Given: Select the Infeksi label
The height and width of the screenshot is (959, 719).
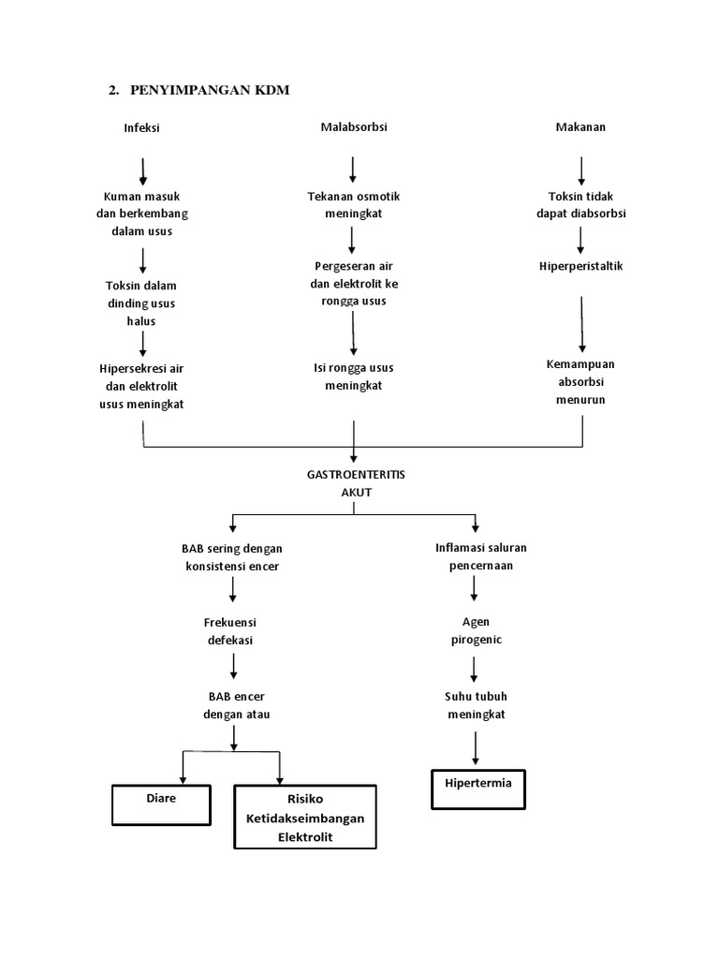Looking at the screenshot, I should (142, 128).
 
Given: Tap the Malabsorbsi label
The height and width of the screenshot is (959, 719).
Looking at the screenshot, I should (353, 127).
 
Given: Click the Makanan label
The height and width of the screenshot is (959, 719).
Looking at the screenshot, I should (580, 127).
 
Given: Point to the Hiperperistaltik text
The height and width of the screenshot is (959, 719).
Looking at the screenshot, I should (580, 266).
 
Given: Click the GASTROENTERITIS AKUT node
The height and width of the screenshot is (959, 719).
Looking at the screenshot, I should (353, 483).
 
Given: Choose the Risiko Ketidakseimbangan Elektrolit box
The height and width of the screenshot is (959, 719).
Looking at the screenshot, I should (304, 818).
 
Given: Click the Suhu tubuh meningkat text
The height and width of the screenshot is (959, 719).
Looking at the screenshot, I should (476, 705).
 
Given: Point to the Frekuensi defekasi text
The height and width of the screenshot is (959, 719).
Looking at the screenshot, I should (231, 630).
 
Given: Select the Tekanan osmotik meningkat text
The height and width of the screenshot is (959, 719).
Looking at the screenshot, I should (353, 205).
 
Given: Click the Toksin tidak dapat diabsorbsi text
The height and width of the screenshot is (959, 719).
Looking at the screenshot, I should (580, 205).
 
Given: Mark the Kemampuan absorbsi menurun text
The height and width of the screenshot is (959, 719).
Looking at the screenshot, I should (580, 382).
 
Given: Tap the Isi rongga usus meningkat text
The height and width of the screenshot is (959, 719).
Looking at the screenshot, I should (353, 376).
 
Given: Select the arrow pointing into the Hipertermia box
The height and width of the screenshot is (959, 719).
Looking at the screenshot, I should (477, 748).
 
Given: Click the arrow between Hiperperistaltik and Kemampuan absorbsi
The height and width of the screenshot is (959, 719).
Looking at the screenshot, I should (581, 323).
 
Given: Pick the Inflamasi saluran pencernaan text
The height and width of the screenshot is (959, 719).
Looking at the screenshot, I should (476, 557).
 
